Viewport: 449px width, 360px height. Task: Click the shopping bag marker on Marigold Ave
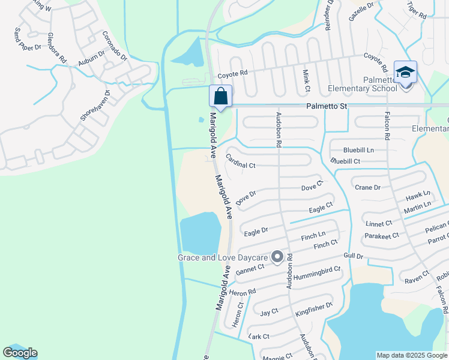point(220,96)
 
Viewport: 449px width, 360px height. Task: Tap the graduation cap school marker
point(405,73)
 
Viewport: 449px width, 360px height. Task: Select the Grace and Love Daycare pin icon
point(277,257)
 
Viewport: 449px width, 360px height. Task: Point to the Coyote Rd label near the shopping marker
point(232,74)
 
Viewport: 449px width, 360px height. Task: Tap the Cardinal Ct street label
point(240,161)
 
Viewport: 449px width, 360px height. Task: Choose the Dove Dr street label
point(246,198)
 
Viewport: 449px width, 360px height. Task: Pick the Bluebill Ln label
point(358,149)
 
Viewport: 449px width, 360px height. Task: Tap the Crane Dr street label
point(367,188)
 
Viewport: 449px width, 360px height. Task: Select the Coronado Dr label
point(115,47)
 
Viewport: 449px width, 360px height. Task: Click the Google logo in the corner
point(20,353)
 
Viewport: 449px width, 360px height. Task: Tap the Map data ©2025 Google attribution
point(412,355)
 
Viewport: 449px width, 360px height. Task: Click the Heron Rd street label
point(243,292)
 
